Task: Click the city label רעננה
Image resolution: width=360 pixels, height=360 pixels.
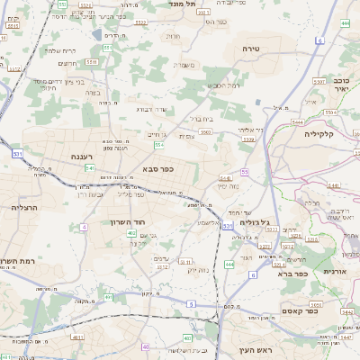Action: [x=84, y=156]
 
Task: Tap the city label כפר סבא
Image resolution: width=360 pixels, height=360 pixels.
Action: [x=157, y=168]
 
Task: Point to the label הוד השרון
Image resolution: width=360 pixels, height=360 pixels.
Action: [x=139, y=221]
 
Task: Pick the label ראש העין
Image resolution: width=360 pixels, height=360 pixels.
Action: [x=242, y=349]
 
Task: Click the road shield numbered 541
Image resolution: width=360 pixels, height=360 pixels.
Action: [x=91, y=167]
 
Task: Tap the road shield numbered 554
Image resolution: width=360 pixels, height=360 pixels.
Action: [x=159, y=144]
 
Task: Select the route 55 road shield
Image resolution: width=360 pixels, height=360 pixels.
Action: [x=244, y=170]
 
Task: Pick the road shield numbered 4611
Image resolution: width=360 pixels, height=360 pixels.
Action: [x=76, y=337]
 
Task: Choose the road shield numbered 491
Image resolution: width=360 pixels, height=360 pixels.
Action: [x=109, y=296]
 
